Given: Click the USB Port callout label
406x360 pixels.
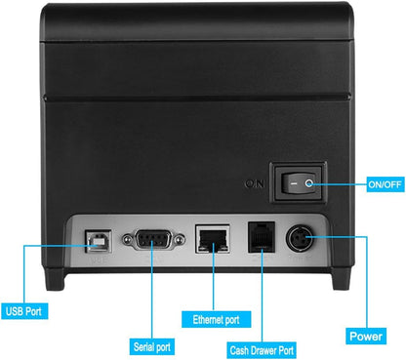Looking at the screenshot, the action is point(24,311).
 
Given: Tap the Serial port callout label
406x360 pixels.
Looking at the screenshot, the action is point(152,347).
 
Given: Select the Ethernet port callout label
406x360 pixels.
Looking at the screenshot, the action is point(216,319).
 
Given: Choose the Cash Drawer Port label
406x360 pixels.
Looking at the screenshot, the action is point(262,350).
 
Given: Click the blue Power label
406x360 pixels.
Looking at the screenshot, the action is point(366,336).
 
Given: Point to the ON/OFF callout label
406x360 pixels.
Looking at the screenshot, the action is point(385,184).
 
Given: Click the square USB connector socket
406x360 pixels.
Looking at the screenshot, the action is point(99,241).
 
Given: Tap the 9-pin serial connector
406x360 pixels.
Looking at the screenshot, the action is point(153,240).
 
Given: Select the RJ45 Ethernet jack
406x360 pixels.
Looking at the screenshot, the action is point(213,239).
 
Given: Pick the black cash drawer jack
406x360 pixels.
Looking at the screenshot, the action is point(262,237).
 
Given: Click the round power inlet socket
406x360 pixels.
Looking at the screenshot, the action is point(300,239).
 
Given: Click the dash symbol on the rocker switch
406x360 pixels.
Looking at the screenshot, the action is point(294,183).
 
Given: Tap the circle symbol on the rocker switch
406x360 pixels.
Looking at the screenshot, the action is point(308,183).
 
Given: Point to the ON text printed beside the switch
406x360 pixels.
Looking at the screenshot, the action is point(254,184).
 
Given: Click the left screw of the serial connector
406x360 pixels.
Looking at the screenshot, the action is point(127,240).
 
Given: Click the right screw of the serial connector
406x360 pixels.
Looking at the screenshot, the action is point(179,240).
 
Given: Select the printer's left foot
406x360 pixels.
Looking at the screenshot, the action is point(55,278).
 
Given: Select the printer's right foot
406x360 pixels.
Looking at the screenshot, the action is point(342,278).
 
